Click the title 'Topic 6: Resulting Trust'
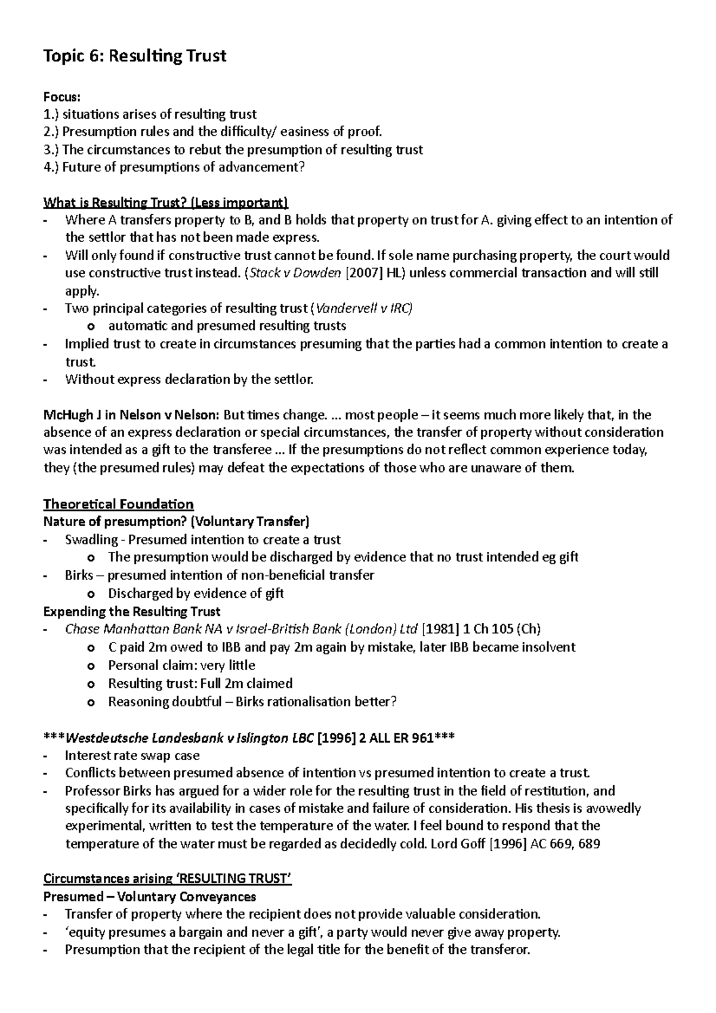coord(135,56)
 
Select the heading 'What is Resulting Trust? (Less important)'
coord(166,202)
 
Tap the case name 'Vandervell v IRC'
coord(363,308)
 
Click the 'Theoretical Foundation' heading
coord(118,504)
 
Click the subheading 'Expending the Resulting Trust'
coord(132,611)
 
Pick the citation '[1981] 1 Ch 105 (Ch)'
coord(481,629)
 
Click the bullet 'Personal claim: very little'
coord(181,665)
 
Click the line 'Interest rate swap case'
coord(132,755)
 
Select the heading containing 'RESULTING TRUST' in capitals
coord(167,879)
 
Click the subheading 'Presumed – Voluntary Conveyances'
coord(150,897)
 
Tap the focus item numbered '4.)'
coord(174,167)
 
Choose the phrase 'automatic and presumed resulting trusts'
coord(227,326)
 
